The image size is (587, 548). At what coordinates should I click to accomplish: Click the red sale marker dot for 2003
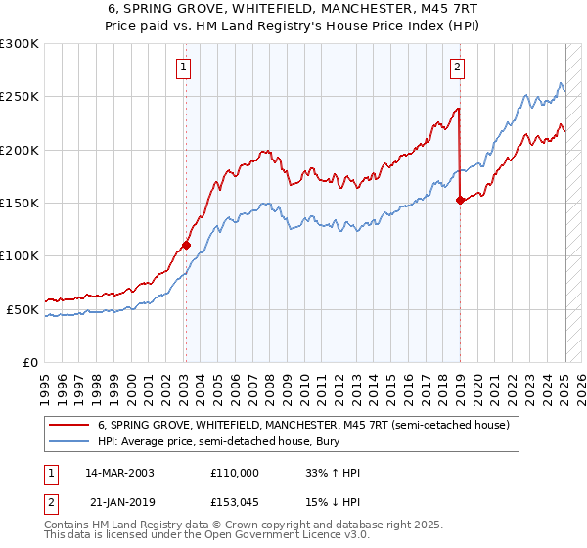186,246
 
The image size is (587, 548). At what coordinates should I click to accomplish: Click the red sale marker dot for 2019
460,201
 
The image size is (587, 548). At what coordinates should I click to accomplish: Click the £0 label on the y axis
29,363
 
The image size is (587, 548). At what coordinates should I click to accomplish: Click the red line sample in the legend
68,426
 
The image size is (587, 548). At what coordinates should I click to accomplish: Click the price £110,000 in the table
235,473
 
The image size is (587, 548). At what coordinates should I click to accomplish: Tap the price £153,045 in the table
235,502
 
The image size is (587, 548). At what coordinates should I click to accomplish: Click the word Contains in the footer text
68,525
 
